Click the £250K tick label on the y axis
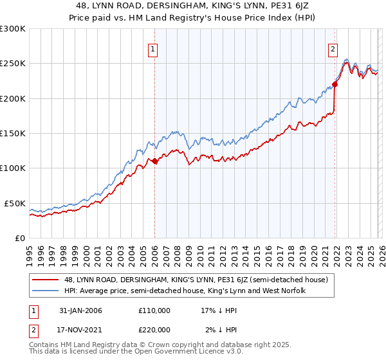point(13,64)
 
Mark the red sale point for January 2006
point(155,161)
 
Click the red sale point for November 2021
point(335,85)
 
